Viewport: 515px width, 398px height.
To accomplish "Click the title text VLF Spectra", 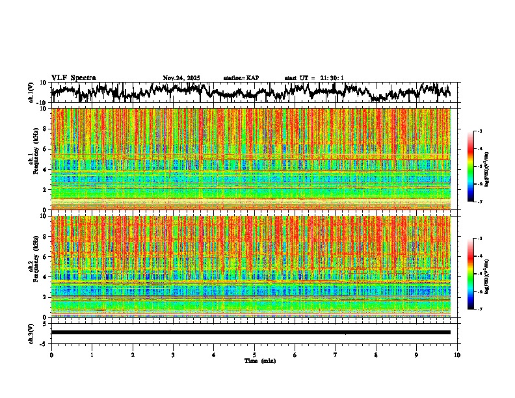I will (73, 77).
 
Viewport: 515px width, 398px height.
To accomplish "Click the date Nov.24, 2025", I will (181, 78).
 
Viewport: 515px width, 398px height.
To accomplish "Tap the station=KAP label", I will (241, 78).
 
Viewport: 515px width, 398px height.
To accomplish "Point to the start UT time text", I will (314, 78).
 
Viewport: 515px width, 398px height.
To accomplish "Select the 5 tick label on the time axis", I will (254, 355).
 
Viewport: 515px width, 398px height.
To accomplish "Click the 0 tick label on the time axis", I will (51, 355).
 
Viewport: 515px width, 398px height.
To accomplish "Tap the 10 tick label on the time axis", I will (457, 355).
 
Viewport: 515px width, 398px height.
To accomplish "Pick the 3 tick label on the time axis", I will (173, 355).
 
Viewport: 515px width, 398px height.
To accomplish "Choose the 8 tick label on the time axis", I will (376, 355).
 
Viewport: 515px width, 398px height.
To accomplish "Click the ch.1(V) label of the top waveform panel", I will (31, 92).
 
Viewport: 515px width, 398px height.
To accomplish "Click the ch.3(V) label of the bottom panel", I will (31, 332).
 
